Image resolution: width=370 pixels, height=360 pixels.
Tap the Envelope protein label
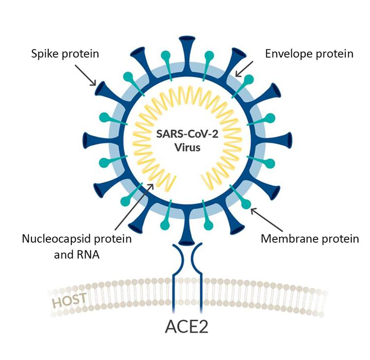click(x=309, y=53)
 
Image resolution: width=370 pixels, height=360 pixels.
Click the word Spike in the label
click(x=43, y=54)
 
